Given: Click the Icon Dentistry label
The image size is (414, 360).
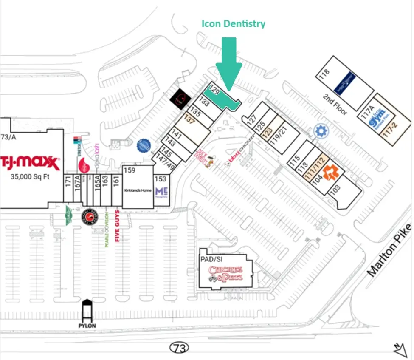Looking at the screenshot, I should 233,24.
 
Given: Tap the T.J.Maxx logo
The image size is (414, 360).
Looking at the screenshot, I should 29,162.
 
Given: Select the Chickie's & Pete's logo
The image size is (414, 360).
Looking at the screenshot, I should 225,273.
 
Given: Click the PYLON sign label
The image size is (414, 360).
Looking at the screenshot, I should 87,326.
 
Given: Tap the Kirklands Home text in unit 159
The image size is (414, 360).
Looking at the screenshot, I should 138,190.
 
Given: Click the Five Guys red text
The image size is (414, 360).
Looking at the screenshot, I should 117,230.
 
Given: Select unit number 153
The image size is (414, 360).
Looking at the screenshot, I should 160,179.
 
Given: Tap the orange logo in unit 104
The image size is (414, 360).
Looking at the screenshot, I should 330,172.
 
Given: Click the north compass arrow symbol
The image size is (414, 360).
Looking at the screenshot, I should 400,350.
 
